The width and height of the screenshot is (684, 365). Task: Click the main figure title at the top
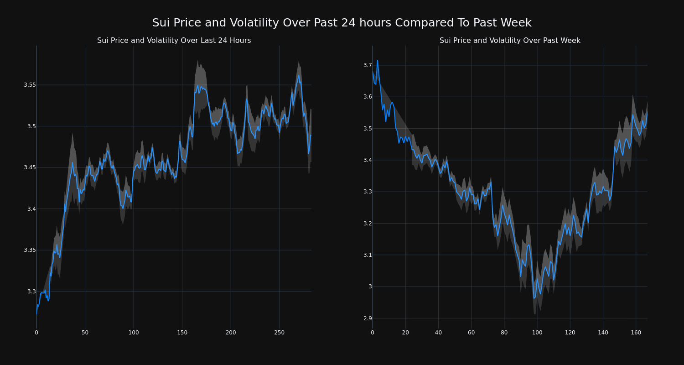tap(342, 23)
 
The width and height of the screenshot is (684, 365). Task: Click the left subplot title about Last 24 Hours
tap(174, 41)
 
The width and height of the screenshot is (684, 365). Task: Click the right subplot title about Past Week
tap(510, 41)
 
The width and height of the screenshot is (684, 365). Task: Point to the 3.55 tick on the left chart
tap(30, 85)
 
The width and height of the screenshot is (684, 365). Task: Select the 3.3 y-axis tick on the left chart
tap(31, 292)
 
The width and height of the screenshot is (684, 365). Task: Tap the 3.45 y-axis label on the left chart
tap(30, 167)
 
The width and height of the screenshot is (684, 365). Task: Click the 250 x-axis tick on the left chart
tap(279, 333)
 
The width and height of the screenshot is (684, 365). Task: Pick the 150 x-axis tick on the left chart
tap(182, 333)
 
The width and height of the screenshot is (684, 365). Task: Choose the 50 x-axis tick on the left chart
tap(85, 333)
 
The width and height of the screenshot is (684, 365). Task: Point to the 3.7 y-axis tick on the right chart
tap(368, 65)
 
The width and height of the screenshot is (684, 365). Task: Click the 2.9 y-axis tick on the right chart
tap(368, 318)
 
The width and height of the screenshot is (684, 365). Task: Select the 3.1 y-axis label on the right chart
tap(368, 255)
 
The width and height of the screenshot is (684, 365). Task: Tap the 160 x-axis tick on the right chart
tap(636, 333)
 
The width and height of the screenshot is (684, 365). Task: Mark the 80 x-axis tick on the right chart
tap(504, 333)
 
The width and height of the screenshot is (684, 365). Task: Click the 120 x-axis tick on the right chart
tap(570, 333)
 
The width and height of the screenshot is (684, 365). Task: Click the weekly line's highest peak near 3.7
tap(377, 60)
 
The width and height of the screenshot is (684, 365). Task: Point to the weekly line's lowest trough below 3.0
tap(534, 298)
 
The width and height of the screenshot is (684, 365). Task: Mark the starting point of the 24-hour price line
tap(36, 313)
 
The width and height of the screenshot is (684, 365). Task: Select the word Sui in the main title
tap(161, 23)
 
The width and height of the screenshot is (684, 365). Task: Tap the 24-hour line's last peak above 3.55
tap(299, 76)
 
